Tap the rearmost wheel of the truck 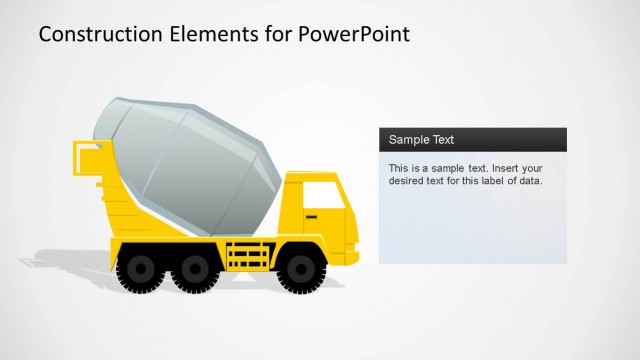138,268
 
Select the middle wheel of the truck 188,268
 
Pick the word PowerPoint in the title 354,34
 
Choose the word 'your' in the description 532,168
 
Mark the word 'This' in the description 398,168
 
